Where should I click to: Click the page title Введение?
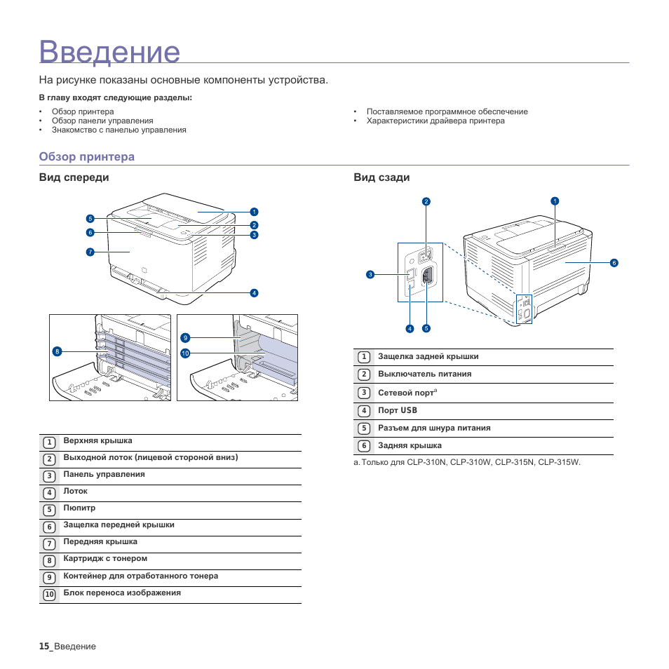point(110,53)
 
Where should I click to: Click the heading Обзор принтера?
point(86,156)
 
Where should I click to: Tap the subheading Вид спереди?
point(74,177)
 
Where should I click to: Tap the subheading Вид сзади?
point(381,177)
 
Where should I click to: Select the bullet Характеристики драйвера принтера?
point(435,121)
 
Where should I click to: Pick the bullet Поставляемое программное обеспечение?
point(447,111)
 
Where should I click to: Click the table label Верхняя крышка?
point(97,441)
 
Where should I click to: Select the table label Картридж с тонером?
point(105,559)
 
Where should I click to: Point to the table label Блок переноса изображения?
point(122,593)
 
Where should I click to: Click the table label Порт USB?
point(398,410)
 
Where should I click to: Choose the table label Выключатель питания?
point(424,374)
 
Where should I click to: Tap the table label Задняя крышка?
point(410,445)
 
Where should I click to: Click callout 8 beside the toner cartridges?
point(57,351)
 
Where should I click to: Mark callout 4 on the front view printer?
point(254,292)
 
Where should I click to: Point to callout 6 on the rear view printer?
point(614,263)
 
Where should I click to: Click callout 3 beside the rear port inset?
point(370,274)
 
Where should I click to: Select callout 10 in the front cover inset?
point(185,353)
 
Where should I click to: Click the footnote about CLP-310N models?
point(467,462)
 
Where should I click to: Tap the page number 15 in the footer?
point(44,646)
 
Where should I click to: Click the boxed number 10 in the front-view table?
point(49,595)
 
